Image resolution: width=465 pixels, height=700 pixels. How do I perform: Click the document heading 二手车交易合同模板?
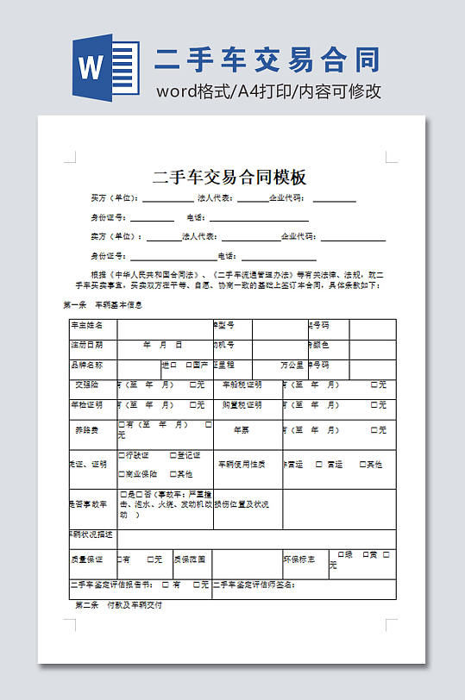click(x=229, y=178)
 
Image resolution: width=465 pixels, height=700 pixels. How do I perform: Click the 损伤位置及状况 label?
click(x=242, y=504)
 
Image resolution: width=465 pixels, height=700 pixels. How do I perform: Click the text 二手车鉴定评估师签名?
click(x=255, y=584)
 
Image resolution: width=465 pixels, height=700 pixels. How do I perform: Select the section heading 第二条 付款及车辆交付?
click(x=119, y=605)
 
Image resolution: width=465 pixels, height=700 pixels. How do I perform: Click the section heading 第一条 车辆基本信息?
click(x=103, y=305)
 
